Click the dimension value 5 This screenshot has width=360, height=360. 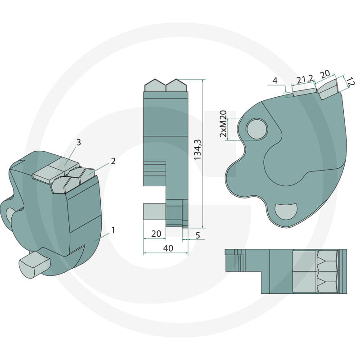point(197,235)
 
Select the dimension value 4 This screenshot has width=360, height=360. point(275,81)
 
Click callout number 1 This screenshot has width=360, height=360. point(113,230)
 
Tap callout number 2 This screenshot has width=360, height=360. point(113,161)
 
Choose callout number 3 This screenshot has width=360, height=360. point(78,143)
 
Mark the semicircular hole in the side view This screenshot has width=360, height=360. point(286,210)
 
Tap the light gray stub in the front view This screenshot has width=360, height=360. point(154,211)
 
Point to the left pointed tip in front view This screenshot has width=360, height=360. point(154,85)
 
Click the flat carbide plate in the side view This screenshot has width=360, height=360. point(305,91)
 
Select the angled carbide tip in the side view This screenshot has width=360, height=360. point(328,88)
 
